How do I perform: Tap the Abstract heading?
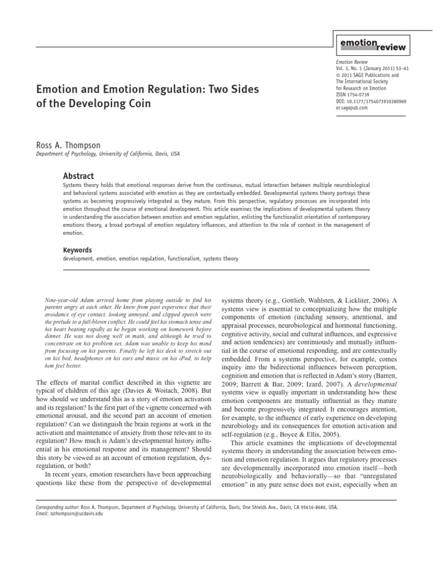tap(78, 176)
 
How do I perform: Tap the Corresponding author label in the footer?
tap(56, 507)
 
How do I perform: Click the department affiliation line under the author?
tap(108, 154)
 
